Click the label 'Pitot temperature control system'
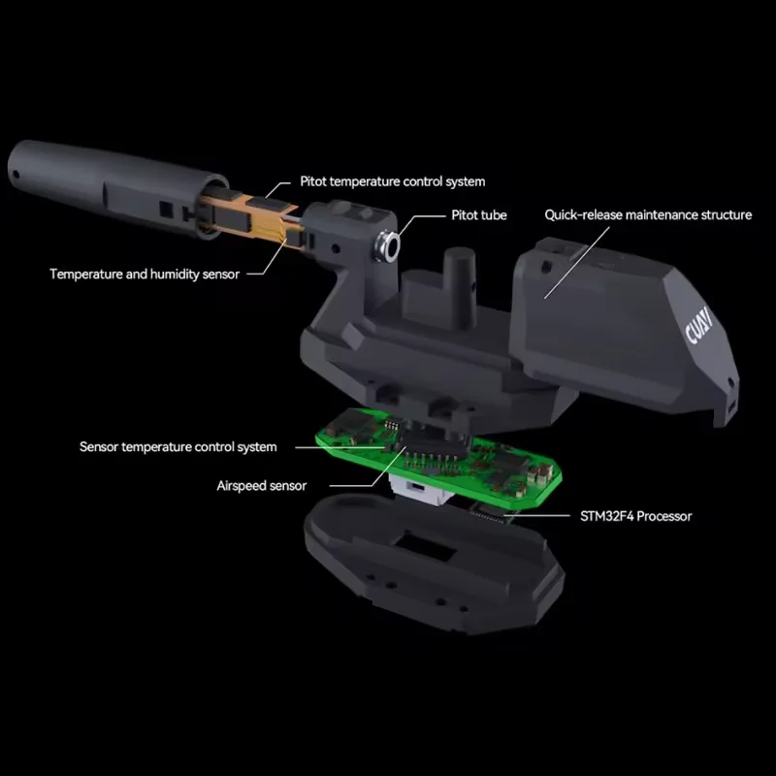pos(393,181)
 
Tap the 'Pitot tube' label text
pos(479,215)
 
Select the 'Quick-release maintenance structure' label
pos(648,214)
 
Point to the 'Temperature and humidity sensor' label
pos(145,275)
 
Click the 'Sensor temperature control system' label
pos(178,447)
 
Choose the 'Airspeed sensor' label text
pos(261,486)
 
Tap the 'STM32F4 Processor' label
pos(636,516)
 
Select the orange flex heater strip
pos(252,217)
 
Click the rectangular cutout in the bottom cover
pos(426,545)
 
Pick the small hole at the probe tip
pos(16,175)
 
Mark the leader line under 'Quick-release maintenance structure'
pos(576,263)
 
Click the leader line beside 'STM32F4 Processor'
pos(536,516)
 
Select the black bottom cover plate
pos(433,565)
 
